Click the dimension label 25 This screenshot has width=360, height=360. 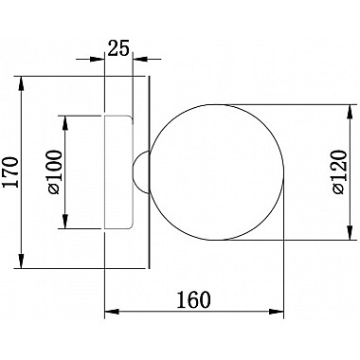pos(118,48)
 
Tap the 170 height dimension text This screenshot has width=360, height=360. pos(10,171)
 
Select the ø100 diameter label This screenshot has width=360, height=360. pos(55,172)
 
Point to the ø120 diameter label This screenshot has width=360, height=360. pos(339,172)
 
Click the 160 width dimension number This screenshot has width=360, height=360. pos(193,299)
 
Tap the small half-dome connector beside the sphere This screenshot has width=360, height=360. pos(140,172)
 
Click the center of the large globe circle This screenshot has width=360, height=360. pos(217,172)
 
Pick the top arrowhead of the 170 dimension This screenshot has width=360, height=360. pos(21,83)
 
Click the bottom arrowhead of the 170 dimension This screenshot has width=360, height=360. pos(21,261)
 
